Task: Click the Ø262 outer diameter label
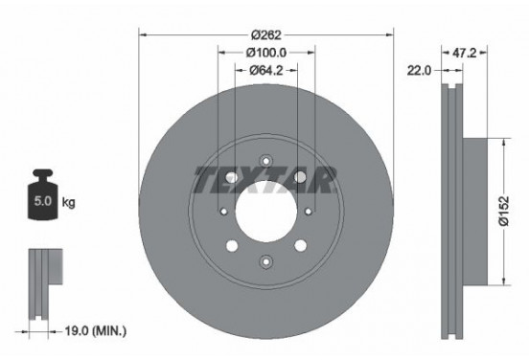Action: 265,34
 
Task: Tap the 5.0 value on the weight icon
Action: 44,203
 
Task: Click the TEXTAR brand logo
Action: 265,179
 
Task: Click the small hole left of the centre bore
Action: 222,212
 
